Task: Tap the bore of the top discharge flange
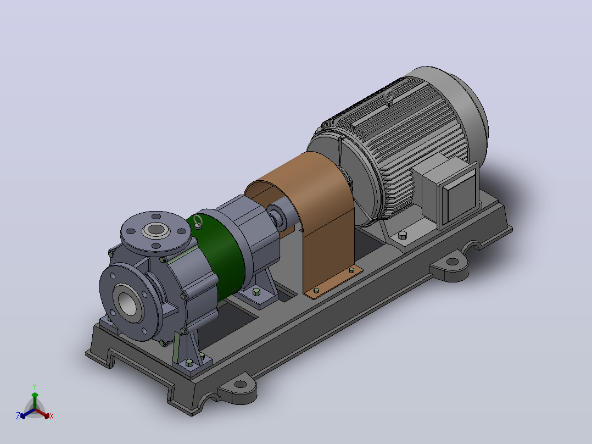(x=156, y=229)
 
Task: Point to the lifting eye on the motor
(x=388, y=97)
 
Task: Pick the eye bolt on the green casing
(x=198, y=221)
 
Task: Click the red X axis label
(x=52, y=416)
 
